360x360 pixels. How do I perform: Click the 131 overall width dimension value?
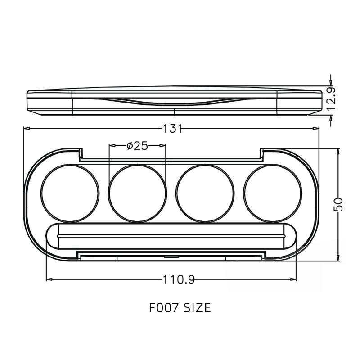click(x=172, y=129)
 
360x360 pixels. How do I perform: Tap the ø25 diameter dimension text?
click(x=137, y=146)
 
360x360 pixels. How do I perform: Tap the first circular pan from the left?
click(x=70, y=193)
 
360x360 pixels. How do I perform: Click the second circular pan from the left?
click(x=137, y=193)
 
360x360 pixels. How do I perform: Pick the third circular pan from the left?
click(x=205, y=193)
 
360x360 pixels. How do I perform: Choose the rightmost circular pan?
click(x=272, y=193)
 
